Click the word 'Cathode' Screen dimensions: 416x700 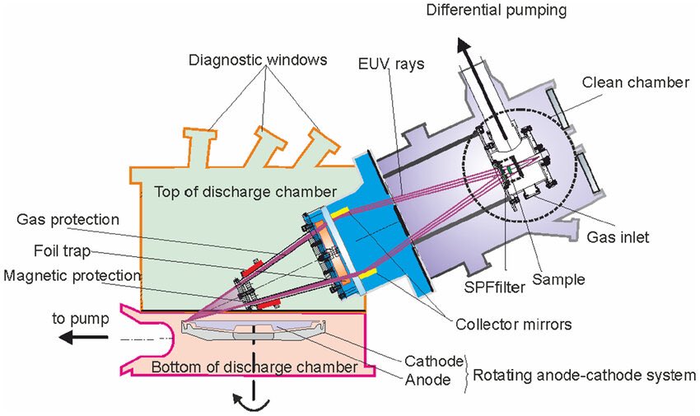coord(432,360)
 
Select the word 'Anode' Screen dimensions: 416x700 coord(428,380)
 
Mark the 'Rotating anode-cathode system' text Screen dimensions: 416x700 coord(583,376)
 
